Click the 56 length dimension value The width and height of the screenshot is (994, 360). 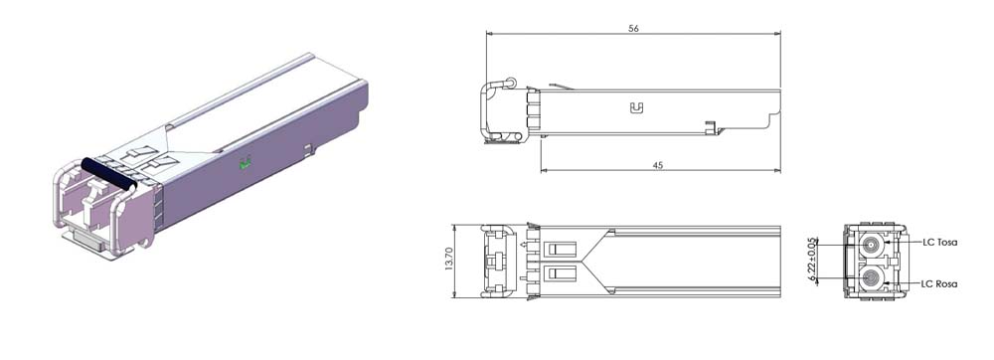click(633, 29)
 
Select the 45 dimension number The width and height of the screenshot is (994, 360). click(658, 165)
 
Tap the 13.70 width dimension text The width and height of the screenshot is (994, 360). click(448, 261)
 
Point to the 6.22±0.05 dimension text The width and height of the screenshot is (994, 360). click(812, 261)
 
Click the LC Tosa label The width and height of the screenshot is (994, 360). click(939, 243)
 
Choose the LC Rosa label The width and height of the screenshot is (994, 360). click(939, 284)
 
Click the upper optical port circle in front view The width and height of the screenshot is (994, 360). click(872, 243)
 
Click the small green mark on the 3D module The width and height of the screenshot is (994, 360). click(246, 165)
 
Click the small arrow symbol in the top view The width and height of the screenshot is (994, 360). click(523, 243)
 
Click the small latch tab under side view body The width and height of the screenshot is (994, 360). click(710, 126)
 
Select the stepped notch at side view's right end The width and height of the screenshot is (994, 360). click(771, 119)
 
